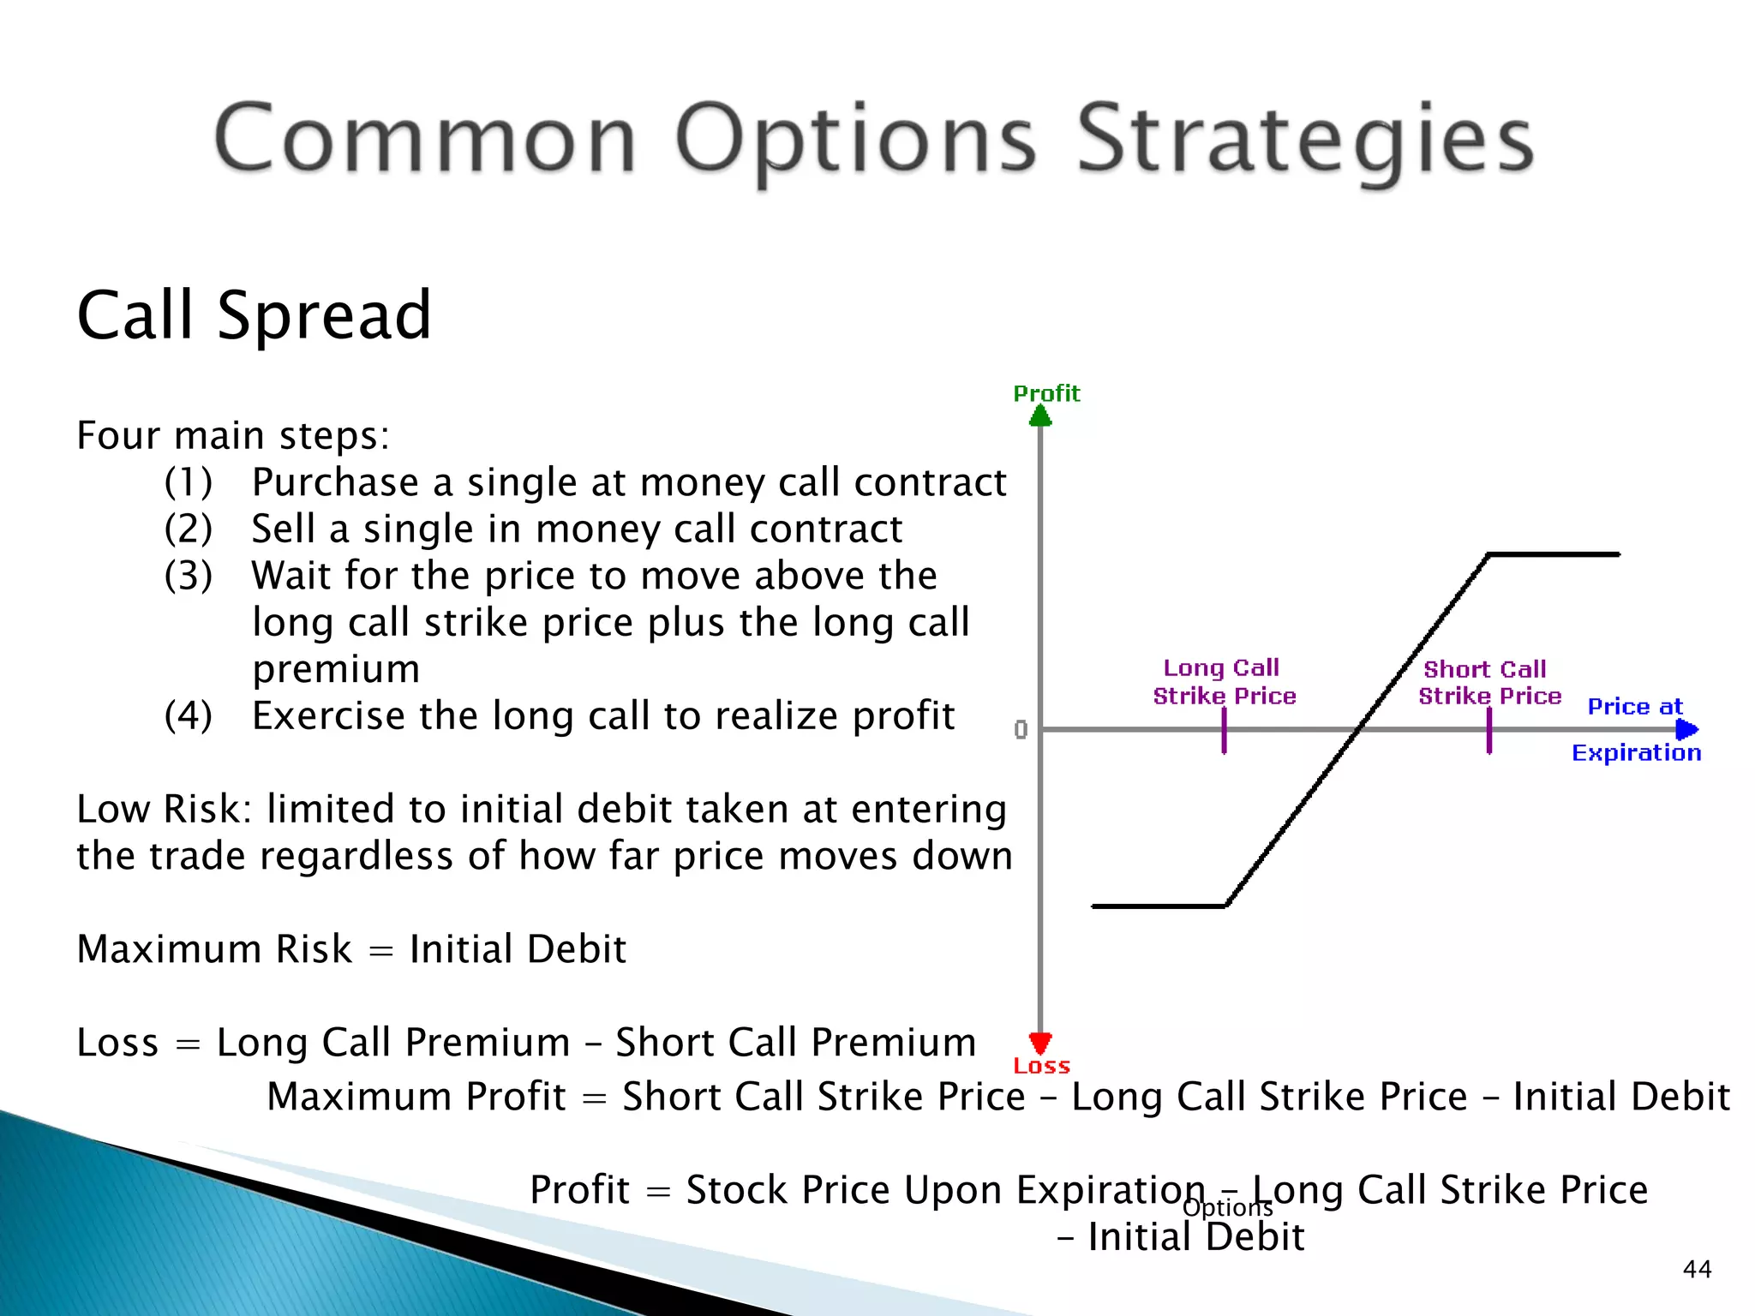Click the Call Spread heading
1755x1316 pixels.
tap(254, 315)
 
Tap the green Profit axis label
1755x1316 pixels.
tap(1046, 393)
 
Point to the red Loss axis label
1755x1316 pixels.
tap(1041, 1066)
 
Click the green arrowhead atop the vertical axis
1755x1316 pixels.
tap(1040, 416)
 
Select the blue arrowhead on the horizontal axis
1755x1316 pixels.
tap(1686, 729)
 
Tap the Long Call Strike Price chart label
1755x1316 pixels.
tap(1224, 682)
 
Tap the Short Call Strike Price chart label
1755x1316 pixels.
tap(1489, 682)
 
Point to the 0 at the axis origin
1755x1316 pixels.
tap(1021, 730)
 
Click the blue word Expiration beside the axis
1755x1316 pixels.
tap(1636, 753)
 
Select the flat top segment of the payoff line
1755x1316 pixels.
tap(1553, 554)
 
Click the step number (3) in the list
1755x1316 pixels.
tap(189, 575)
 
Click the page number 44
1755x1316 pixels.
tap(1697, 1269)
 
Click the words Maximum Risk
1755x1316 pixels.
tap(214, 949)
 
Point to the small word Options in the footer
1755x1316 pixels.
tap(1227, 1207)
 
